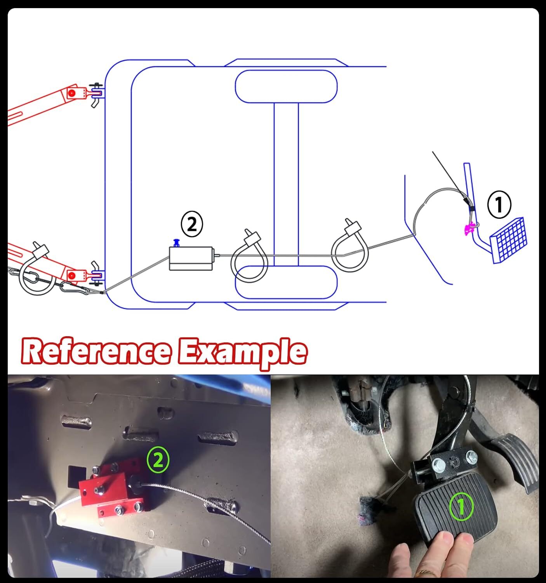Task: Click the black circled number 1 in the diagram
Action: [499, 204]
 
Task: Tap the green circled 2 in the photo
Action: [158, 460]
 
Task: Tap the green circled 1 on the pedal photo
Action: [461, 506]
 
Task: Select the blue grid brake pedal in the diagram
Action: [508, 240]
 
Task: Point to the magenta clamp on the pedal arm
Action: [469, 229]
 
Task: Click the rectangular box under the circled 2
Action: [191, 258]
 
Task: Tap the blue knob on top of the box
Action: [176, 243]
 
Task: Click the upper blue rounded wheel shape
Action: [286, 86]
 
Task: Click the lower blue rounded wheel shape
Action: [286, 282]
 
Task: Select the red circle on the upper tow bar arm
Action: [71, 93]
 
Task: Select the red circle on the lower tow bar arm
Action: [71, 276]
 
